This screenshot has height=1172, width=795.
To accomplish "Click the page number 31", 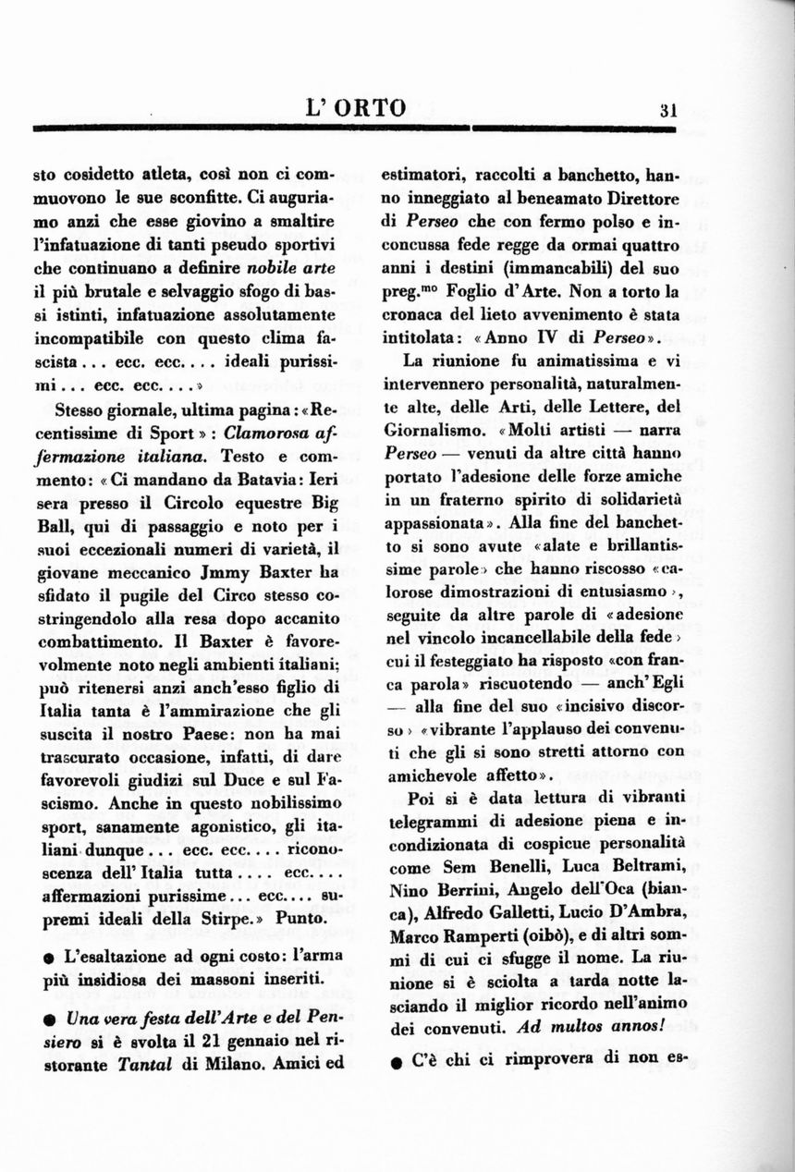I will click(670, 108).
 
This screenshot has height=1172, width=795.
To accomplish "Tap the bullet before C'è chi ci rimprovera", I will click(396, 1062).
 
